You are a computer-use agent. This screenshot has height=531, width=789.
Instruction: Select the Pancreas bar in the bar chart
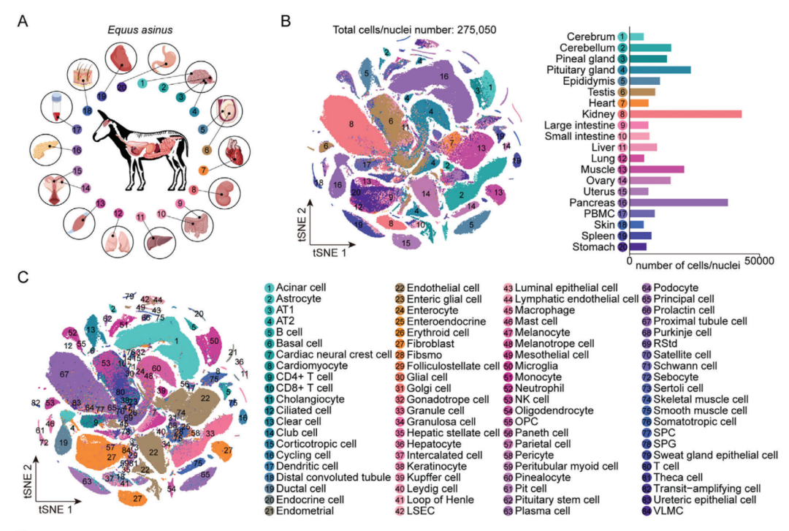coord(679,202)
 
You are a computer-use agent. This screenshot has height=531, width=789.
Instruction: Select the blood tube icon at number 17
coord(58,108)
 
